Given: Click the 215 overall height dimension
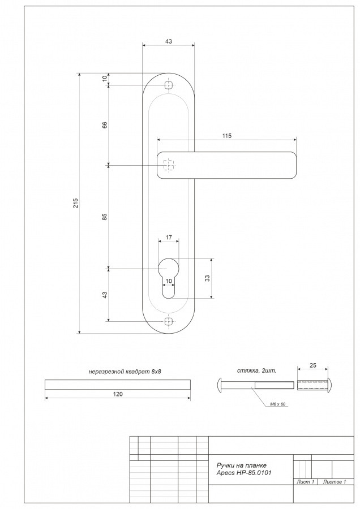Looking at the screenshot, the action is click(x=75, y=203).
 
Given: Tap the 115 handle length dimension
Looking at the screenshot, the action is click(x=227, y=136).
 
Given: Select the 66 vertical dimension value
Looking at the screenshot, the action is click(x=105, y=125).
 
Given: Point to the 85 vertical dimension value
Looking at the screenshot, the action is click(x=105, y=217).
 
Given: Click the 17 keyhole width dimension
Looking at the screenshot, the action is click(x=169, y=238).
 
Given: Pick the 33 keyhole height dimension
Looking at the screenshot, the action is click(x=207, y=278).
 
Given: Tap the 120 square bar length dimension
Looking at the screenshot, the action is click(x=118, y=394).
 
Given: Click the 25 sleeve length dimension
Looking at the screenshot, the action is click(x=313, y=365).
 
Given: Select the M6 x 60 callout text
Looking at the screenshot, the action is click(x=277, y=404).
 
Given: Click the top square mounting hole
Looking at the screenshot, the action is click(x=168, y=85).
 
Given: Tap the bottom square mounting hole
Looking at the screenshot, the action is click(x=168, y=321).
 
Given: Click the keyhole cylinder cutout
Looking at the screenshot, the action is click(x=168, y=277).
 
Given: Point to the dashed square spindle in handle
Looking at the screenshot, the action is click(x=168, y=165).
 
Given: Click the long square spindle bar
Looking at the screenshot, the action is click(x=117, y=385).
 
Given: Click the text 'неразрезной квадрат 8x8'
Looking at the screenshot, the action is click(x=125, y=372).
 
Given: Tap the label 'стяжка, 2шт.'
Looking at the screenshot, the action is click(x=257, y=370).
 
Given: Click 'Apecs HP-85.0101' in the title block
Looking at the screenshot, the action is click(x=244, y=473).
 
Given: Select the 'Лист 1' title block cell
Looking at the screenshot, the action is click(x=306, y=482).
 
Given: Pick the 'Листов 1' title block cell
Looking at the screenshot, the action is click(x=335, y=482).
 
